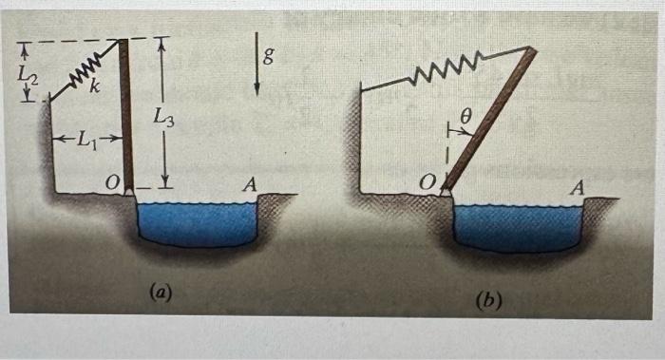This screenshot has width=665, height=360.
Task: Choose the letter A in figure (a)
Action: click(x=249, y=183)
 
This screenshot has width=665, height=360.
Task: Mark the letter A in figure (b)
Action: click(x=575, y=188)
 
